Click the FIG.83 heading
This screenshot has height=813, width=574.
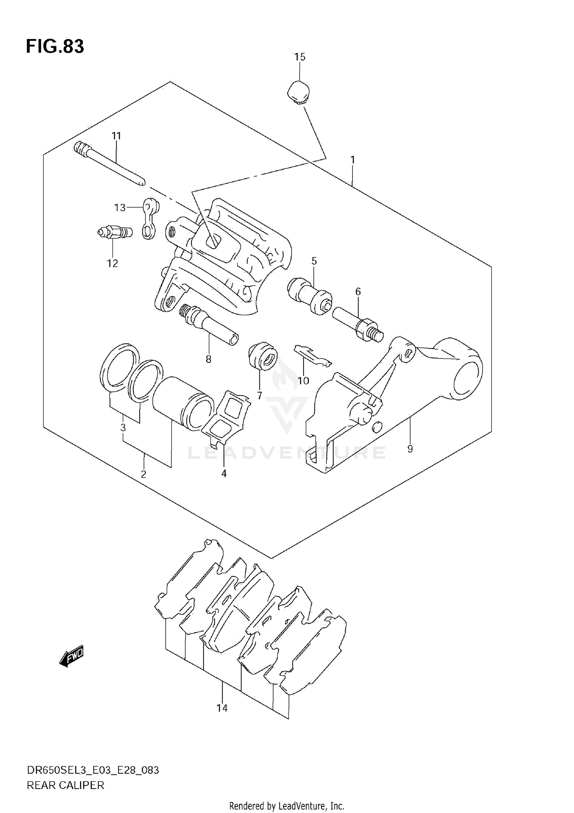[55, 47]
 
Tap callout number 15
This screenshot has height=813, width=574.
[300, 57]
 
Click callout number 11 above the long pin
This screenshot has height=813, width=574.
[116, 135]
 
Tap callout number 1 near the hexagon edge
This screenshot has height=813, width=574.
[352, 160]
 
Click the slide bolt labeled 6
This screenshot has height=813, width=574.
[357, 324]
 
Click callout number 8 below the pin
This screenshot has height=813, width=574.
[208, 359]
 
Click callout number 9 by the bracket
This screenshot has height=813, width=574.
[410, 449]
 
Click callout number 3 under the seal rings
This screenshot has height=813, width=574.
[123, 427]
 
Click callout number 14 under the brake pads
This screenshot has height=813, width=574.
[222, 708]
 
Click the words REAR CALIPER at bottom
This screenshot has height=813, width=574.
[65, 785]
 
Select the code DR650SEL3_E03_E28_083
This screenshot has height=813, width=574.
[93, 770]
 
